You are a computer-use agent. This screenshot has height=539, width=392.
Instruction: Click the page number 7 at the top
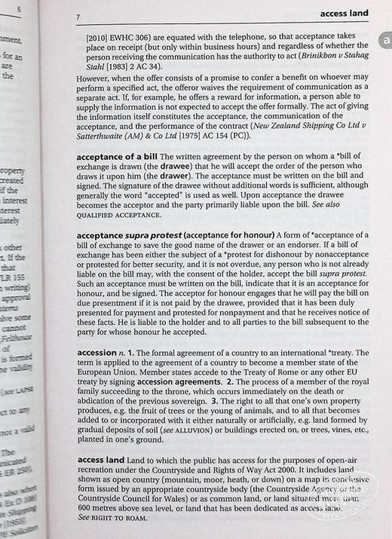pyautogui.click(x=78, y=16)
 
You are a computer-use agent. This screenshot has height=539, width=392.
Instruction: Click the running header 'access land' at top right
pyautogui.click(x=344, y=13)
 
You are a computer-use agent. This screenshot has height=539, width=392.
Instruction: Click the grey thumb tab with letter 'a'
pyautogui.click(x=381, y=44)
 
